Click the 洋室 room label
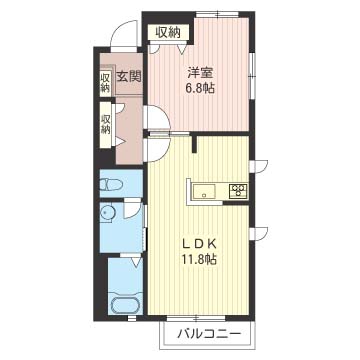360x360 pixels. [200, 72]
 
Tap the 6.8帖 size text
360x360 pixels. [200, 88]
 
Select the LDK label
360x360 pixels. [200, 243]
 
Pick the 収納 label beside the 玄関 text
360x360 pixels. [105, 82]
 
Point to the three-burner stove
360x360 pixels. [237, 189]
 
